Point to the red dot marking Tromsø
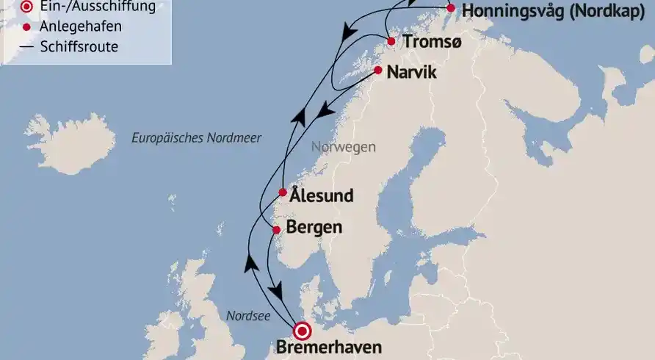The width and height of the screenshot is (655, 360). [x=391, y=42]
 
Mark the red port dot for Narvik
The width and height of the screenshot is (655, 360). [x=377, y=71]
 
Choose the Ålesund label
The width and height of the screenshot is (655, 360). [x=322, y=195]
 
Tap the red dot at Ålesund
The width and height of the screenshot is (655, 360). [x=283, y=193]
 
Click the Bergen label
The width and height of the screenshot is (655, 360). [x=314, y=227]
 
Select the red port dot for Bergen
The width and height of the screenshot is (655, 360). [x=276, y=230]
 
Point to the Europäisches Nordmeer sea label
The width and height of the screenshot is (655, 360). [x=196, y=137]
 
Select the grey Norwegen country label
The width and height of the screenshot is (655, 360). [x=343, y=147]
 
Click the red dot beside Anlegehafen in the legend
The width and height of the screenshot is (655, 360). [x=27, y=27]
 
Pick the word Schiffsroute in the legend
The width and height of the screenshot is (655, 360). [x=80, y=47]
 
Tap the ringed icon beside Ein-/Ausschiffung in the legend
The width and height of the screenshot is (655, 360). [x=27, y=7]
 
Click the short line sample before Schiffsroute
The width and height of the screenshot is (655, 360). [x=27, y=47]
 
